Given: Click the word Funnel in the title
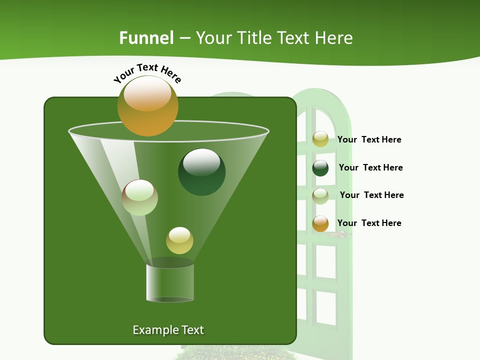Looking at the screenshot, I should coord(146,38).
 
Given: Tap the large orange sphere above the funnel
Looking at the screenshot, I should coord(147,105).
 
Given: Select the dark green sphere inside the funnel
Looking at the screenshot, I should coord(201,172).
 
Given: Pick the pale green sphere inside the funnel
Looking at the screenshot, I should coord(139,197).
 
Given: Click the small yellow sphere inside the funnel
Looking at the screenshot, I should coord(179,240).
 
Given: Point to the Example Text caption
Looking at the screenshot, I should coord(168,330).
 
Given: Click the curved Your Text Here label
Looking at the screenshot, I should coord(147,73).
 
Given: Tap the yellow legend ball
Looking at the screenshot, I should coord(320,139).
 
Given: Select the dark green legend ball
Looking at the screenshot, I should coord(320,168).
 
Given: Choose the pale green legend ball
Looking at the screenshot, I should coord(320,196).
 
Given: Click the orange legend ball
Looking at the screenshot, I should coord(320,223).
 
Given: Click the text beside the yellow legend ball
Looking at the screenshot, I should coord(369,139).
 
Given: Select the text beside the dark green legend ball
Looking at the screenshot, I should coord(370,167).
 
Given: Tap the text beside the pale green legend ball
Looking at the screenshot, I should coord(371,195).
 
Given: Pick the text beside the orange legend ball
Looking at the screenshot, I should coord(369,223).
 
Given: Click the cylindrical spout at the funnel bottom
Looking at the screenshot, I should coord(170,282).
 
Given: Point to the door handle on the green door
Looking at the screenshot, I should coord(340,234).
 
